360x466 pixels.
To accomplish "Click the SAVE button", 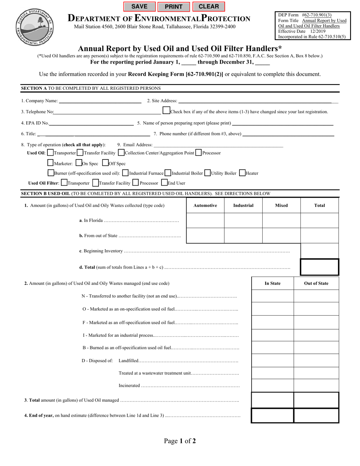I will pyautogui.click(x=139, y=6).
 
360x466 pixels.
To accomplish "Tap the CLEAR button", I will pyautogui.click(x=209, y=6).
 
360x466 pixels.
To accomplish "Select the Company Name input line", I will pyautogui.click(x=100, y=101).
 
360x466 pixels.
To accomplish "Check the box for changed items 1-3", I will pyautogui.click(x=166, y=110).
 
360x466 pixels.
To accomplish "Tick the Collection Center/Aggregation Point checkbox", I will pyautogui.click(x=121, y=153).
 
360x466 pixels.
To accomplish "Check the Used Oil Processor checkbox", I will pyautogui.click(x=199, y=153).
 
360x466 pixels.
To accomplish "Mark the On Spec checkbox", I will pyautogui.click(x=79, y=163).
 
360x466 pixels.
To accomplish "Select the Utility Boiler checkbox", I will pyautogui.click(x=207, y=173).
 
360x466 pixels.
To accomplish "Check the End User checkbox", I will pyautogui.click(x=164, y=183).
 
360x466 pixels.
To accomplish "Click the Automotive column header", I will pyautogui.click(x=205, y=205).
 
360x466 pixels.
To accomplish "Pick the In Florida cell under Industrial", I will pyautogui.click(x=243, y=220).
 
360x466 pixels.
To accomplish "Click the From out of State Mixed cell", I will pyautogui.click(x=281, y=236).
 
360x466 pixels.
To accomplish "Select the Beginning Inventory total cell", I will pyautogui.click(x=319, y=251).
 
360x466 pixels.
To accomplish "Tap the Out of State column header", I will pyautogui.click(x=316, y=283).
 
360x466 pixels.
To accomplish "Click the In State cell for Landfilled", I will pyautogui.click(x=272, y=361).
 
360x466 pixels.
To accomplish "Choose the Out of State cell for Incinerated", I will pyautogui.click(x=316, y=386).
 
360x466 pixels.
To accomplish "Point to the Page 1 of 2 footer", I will pyautogui.click(x=180, y=441).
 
